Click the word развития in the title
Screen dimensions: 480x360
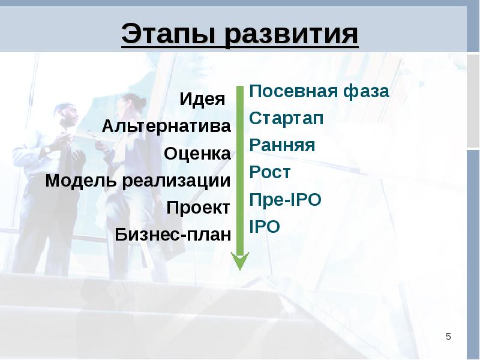[292, 34]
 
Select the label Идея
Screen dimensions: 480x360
[202, 99]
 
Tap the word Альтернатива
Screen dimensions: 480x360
[166, 126]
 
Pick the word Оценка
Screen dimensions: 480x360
[197, 154]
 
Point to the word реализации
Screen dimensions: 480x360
[176, 181]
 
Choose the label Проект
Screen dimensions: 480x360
[199, 208]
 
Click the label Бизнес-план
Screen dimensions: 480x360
[173, 235]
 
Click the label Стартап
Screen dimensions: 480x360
[286, 118]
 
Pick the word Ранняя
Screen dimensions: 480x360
[282, 145]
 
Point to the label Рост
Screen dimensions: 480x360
[269, 172]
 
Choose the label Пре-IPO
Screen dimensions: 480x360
[286, 199]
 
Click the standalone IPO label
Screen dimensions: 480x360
[265, 227]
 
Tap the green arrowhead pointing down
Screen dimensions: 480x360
[240, 261]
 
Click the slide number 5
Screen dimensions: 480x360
[448, 337]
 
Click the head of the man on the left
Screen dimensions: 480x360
[67, 115]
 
